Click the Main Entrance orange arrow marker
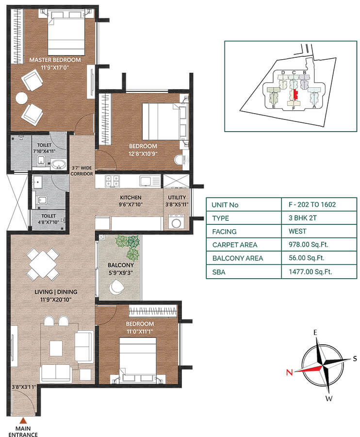click(x=22, y=421)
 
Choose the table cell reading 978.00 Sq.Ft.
click(x=305, y=245)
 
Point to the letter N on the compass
click(x=289, y=372)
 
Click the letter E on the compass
click(x=315, y=333)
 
